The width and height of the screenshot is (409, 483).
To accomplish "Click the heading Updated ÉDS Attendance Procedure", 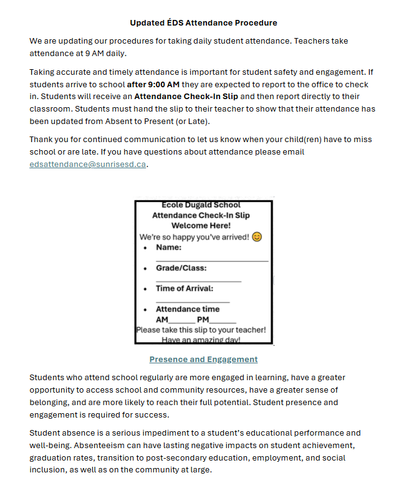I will [203, 23].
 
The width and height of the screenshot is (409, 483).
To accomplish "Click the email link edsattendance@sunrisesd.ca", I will [88, 165].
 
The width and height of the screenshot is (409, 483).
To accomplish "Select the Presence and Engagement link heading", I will [203, 360].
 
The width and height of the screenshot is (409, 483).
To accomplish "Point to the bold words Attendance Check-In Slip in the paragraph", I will [186, 97].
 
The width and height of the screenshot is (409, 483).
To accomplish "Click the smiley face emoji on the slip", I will [257, 237].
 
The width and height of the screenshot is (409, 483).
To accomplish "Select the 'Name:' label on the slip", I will [169, 247].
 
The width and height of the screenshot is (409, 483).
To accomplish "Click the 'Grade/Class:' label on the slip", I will [181, 268].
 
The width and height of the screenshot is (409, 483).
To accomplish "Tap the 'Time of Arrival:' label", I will [185, 289].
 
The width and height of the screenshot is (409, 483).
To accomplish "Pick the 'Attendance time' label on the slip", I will [188, 309].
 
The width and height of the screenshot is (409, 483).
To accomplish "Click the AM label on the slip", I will [162, 320].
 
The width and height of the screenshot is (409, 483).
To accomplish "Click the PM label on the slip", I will [203, 320].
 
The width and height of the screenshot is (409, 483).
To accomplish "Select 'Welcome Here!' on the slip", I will [201, 226].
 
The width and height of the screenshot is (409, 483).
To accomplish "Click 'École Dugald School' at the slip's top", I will [201, 205].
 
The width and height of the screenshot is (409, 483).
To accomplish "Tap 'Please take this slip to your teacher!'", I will [201, 330].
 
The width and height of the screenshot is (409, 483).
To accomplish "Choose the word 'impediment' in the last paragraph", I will [172, 433].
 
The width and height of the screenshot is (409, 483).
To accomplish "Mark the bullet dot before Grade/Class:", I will [145, 269].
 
